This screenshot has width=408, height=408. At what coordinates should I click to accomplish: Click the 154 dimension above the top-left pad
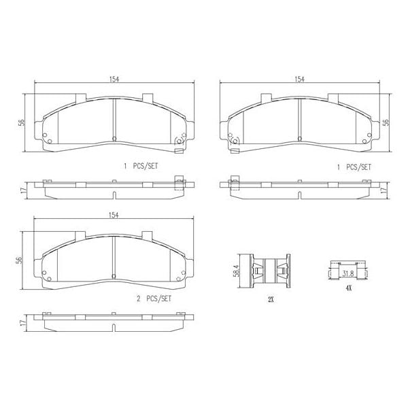(x=114, y=80)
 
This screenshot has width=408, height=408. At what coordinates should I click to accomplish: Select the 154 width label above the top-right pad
(x=299, y=80)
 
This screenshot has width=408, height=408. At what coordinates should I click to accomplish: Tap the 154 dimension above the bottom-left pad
(x=114, y=216)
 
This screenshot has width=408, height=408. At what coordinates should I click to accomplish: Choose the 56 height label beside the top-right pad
(x=386, y=122)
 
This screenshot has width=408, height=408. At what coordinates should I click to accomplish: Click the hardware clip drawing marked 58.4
(x=271, y=271)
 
